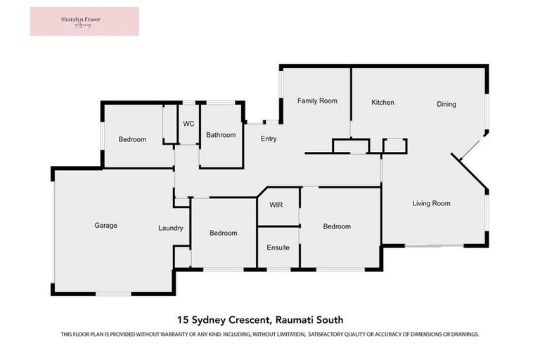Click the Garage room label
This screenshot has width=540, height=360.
pyautogui.click(x=105, y=226)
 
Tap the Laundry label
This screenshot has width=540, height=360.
pyautogui.click(x=171, y=228)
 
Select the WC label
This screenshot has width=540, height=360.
pyautogui.click(x=188, y=124)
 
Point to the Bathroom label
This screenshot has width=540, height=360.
pyautogui.click(x=221, y=135)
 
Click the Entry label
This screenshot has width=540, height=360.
pyautogui.click(x=269, y=139)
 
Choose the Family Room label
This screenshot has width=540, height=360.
pyautogui.click(x=317, y=101)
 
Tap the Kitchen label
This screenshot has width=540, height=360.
pyautogui.click(x=382, y=103)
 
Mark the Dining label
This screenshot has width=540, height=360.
pyautogui.click(x=446, y=104)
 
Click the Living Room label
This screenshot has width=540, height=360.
pyautogui.click(x=431, y=203)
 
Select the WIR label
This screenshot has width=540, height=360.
pyautogui.click(x=277, y=205)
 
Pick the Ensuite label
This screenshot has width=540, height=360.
pyautogui.click(x=278, y=247)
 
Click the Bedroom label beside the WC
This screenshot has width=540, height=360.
pyautogui.click(x=132, y=139)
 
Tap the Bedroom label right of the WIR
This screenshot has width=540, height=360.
pyautogui.click(x=337, y=226)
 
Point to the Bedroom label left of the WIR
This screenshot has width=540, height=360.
pyautogui.click(x=223, y=233)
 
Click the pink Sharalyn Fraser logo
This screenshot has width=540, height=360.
pyautogui.click(x=84, y=21)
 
